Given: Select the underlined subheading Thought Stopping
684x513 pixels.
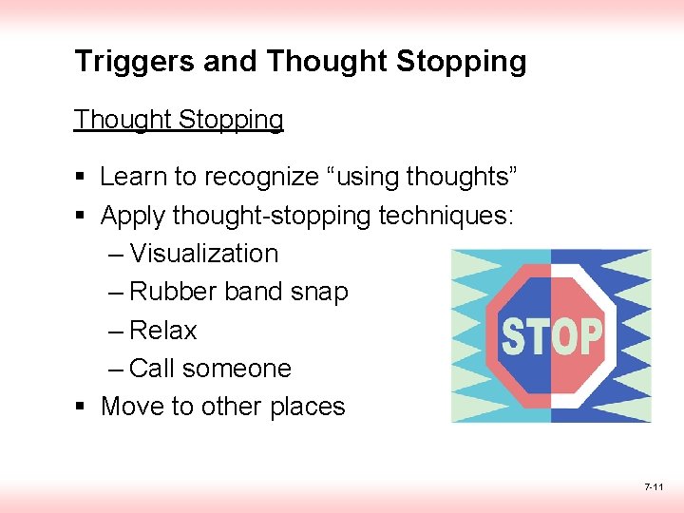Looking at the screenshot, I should coord(179,121).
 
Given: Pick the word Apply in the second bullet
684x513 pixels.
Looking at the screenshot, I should coord(132,217).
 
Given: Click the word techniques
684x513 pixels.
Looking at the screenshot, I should coord(446,217).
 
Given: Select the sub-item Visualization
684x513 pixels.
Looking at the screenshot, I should coord(204,255).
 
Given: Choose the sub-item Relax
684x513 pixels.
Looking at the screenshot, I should coord(163,331).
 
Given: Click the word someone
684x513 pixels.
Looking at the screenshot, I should coord(237,369).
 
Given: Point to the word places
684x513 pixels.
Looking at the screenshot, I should coord(307,408).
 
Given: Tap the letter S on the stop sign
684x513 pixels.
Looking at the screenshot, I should coord(515,337).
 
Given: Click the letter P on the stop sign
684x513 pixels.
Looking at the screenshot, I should coord(589,337).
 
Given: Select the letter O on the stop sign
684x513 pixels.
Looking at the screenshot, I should coord(564,337).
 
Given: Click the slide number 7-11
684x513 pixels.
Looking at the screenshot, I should coord(654,487).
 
